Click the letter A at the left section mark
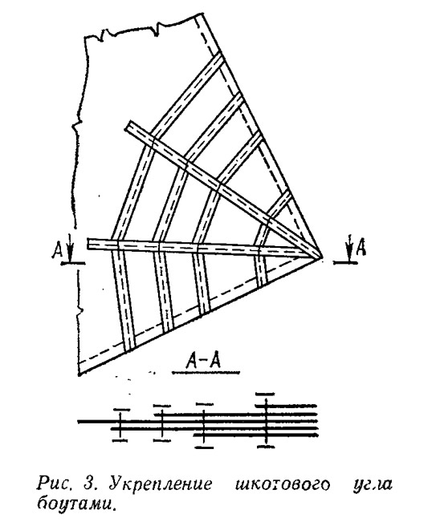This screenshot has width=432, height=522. click(x=57, y=250)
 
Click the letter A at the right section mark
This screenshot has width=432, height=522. click(x=361, y=248)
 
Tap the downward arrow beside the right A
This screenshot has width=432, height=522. click(x=349, y=249)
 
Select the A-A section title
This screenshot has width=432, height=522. click(x=204, y=361)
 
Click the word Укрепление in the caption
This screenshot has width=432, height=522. click(x=160, y=484)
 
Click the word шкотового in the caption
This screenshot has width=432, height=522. click(x=283, y=484)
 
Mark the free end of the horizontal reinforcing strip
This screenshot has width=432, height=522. click(x=88, y=244)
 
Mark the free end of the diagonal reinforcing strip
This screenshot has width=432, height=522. click(x=128, y=126)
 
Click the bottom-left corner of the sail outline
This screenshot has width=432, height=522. click(x=79, y=375)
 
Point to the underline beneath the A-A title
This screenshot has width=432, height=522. click(x=206, y=373)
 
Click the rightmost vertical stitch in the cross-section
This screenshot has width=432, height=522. click(x=265, y=420)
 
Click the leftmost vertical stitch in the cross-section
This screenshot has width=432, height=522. click(x=120, y=424)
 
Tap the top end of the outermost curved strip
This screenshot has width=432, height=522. click(x=221, y=56)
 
